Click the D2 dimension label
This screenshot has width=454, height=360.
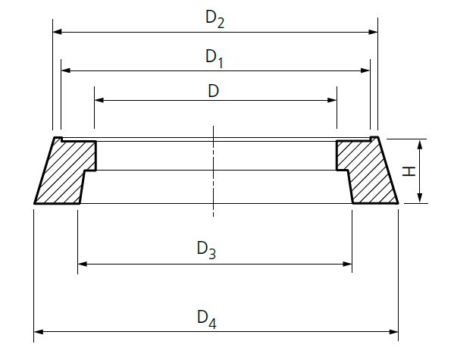point(215,20)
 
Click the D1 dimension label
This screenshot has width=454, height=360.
point(215,58)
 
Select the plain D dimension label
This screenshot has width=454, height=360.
point(214,90)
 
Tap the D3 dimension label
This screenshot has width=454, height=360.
point(206,249)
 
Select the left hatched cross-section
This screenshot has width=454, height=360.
point(64,173)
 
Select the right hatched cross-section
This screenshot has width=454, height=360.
point(366,173)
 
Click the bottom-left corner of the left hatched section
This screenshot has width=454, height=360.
point(35,203)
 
